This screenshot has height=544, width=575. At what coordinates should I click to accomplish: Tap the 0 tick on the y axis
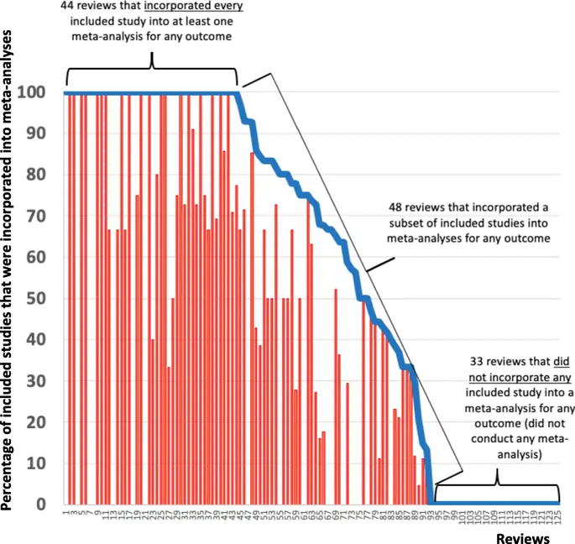pyautogui.click(x=46, y=505)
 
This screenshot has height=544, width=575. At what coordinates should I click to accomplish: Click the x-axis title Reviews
pyautogui.click(x=521, y=536)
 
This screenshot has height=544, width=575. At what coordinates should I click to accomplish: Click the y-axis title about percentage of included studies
pyautogui.click(x=11, y=269)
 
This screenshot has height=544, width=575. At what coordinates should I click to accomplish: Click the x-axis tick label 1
pyautogui.click(x=65, y=512)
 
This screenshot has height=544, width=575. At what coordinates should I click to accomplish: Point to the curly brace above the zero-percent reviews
pyautogui.click(x=497, y=483)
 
